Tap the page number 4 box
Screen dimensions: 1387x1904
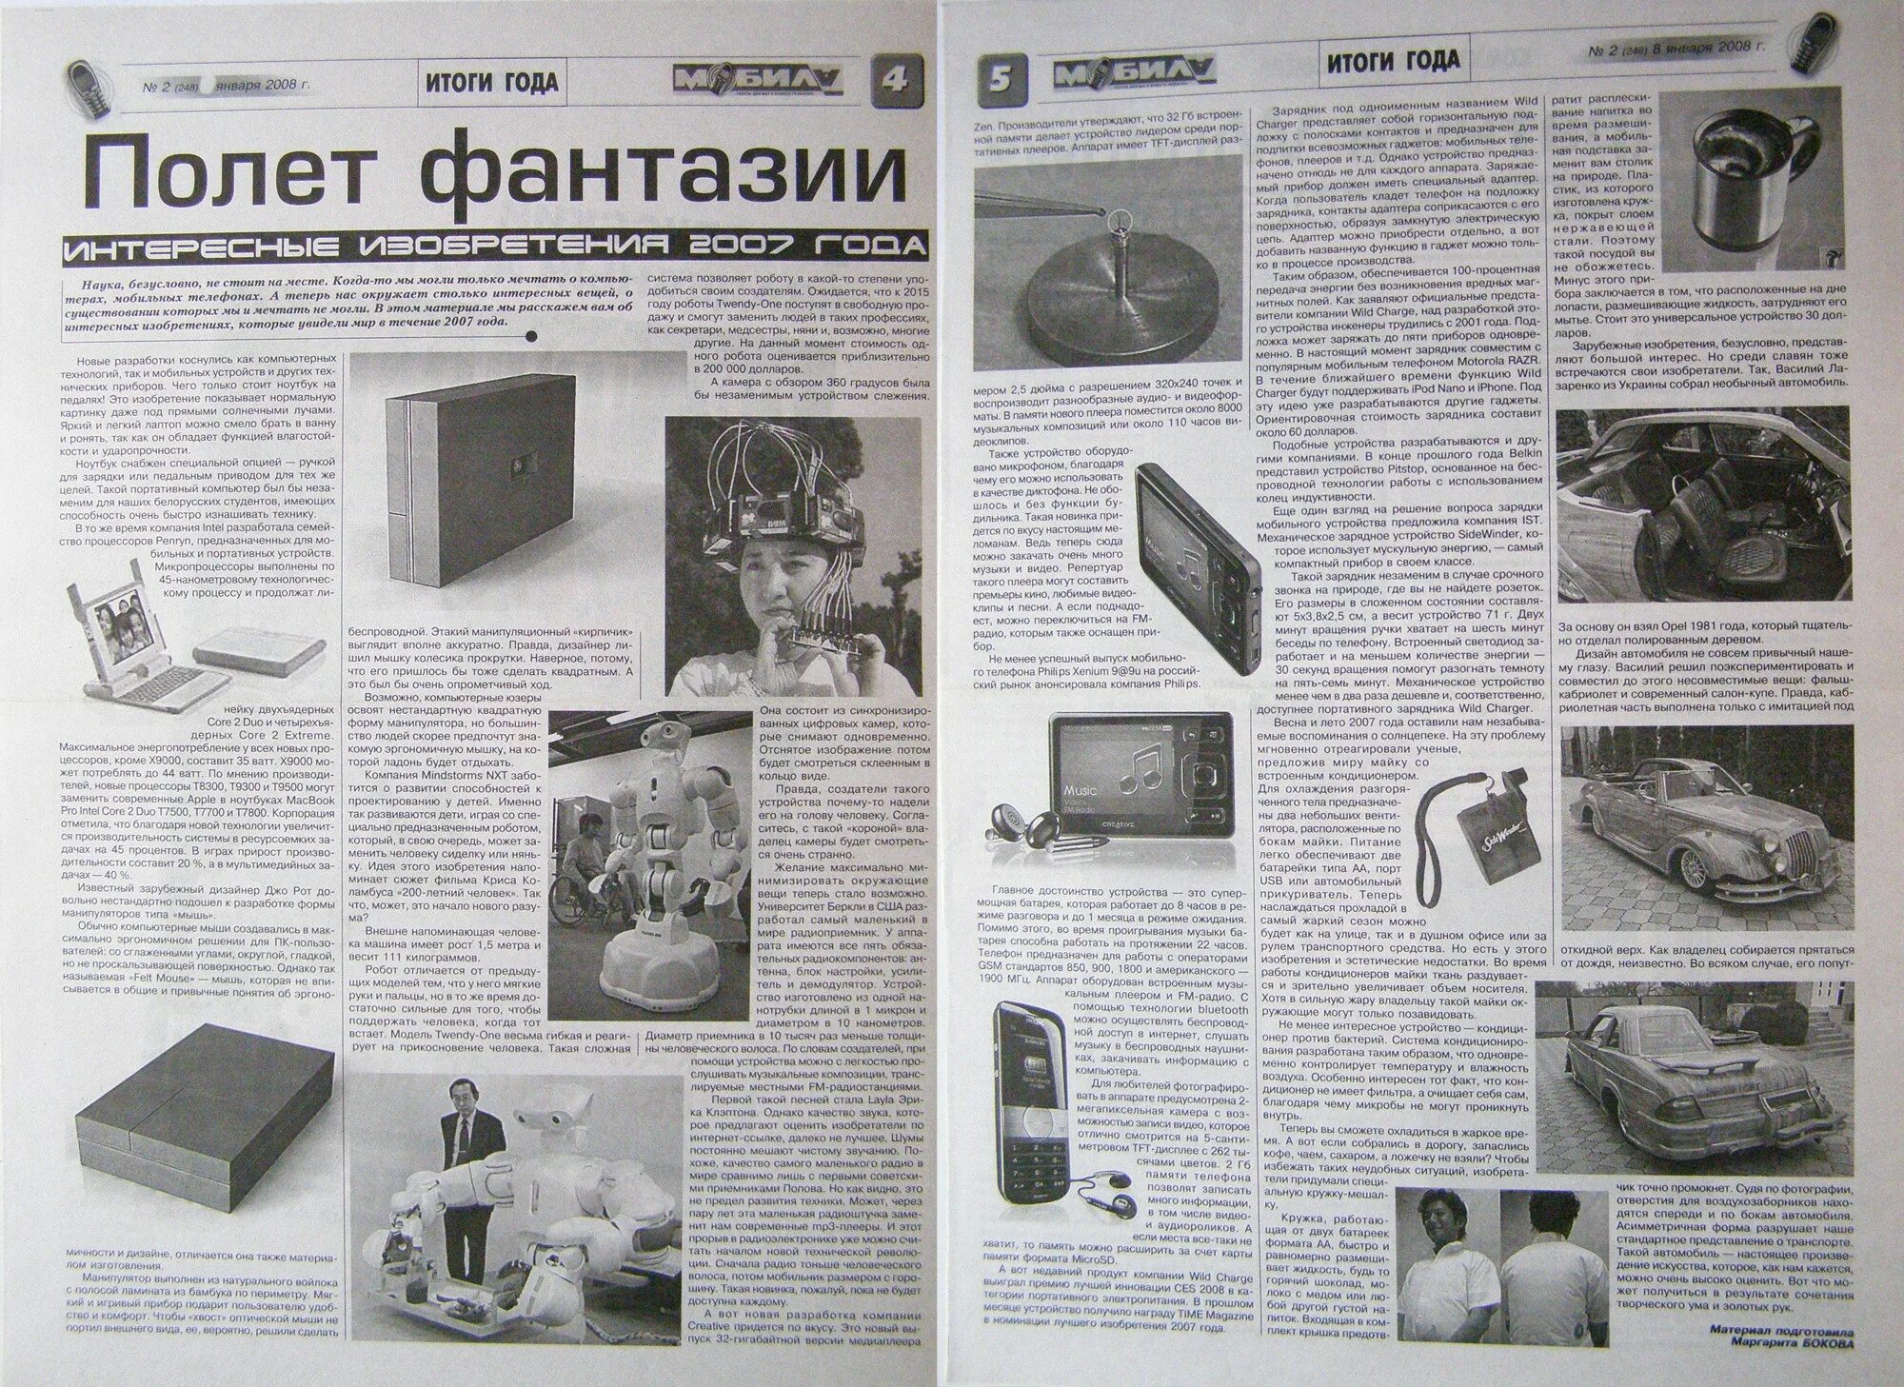(896, 81)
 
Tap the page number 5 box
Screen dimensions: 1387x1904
(1002, 80)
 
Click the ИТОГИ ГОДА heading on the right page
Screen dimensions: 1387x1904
(1391, 61)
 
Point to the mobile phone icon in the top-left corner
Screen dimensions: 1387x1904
(91, 81)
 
